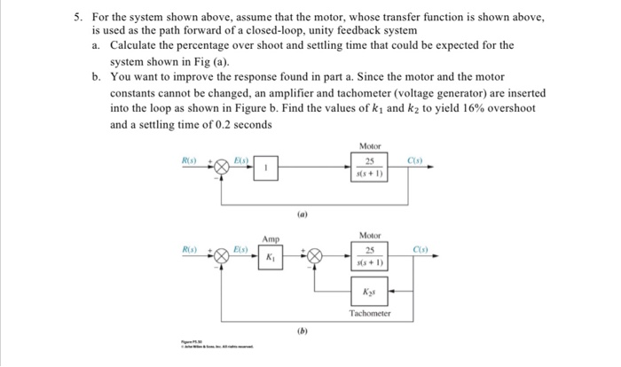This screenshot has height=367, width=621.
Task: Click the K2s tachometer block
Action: tap(370, 292)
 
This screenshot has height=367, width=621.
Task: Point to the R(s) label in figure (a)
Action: tap(190, 160)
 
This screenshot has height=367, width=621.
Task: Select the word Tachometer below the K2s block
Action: tap(370, 313)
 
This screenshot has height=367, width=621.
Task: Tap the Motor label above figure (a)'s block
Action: tap(370, 145)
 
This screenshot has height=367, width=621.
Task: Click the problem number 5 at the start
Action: tap(77, 18)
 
